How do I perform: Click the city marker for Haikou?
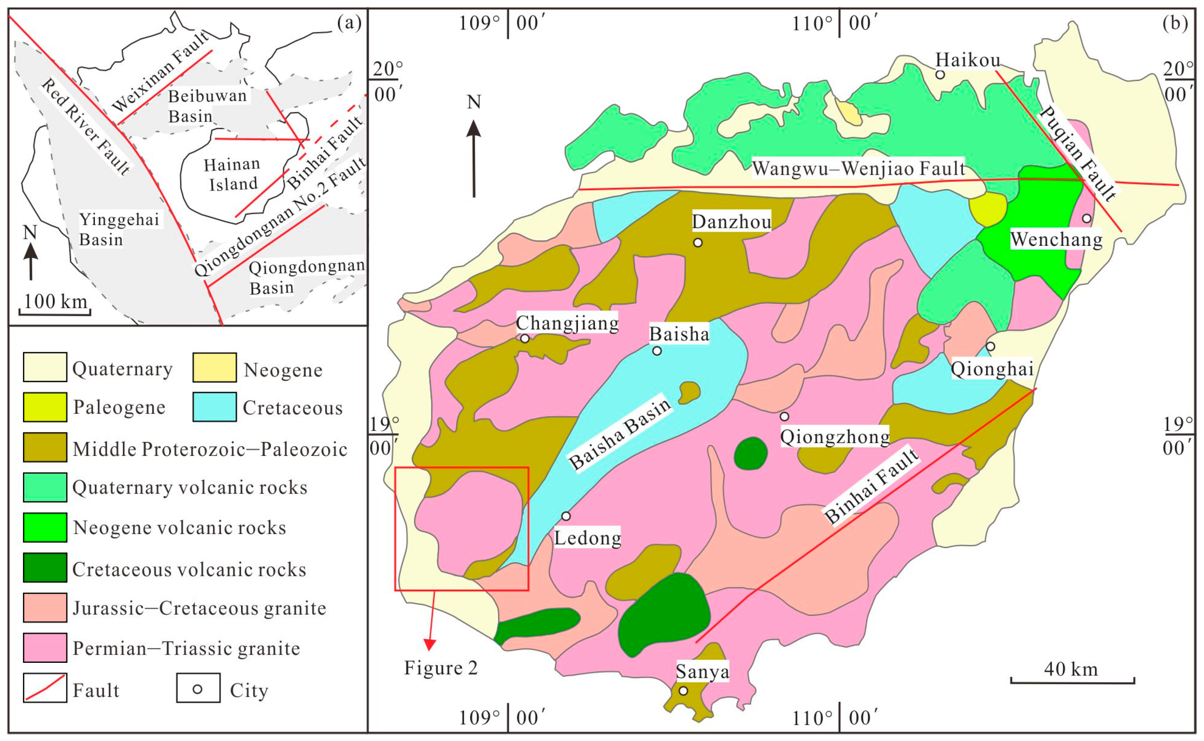pos(940,75)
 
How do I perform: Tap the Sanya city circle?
pos(683,691)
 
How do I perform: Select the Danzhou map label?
pos(731,222)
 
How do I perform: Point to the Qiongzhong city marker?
pos(784,417)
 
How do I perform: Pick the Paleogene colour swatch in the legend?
pos(45,407)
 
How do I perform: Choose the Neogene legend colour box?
pos(215,368)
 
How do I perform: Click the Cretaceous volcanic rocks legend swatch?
pos(45,568)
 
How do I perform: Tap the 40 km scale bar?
pos(1073,681)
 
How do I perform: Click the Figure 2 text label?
pos(440,668)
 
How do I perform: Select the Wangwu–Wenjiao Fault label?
pos(858,168)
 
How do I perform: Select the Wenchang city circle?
pos(1087,218)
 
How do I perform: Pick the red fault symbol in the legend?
pos(45,688)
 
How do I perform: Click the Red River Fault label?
pos(86,126)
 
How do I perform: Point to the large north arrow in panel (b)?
pos(474,157)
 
